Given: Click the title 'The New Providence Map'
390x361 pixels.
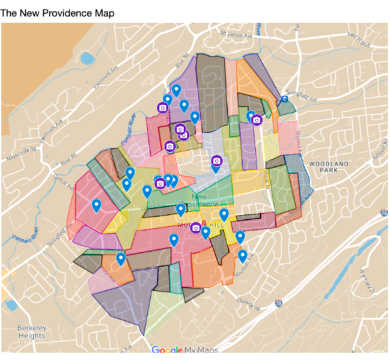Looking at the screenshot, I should (57, 13).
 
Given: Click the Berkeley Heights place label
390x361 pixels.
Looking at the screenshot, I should (32, 331).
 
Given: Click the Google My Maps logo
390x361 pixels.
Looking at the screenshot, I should (184, 350).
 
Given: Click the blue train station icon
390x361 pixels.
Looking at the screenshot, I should (284, 99).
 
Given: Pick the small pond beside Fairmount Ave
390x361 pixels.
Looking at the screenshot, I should (87, 58).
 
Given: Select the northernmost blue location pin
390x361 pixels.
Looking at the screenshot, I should (176, 90).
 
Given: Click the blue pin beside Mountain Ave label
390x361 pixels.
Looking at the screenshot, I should (242, 256).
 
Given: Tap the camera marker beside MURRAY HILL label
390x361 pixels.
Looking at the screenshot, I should (195, 227).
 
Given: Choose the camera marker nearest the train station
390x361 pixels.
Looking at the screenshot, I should (257, 120).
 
